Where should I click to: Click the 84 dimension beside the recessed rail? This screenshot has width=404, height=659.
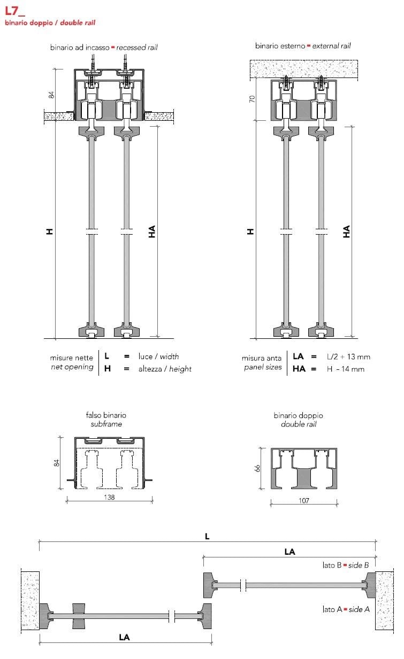point(52,95)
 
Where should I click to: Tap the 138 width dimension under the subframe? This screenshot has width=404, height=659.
point(109,497)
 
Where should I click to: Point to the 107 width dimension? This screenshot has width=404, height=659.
point(303,501)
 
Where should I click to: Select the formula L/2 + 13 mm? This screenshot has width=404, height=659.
point(348,356)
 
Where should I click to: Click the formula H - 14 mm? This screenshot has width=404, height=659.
point(346,369)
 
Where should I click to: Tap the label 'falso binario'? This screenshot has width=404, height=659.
point(106,415)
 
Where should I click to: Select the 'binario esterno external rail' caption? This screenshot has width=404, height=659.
point(303,46)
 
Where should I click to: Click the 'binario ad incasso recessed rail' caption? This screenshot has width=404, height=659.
point(104,47)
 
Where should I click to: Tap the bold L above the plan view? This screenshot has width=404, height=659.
point(207,536)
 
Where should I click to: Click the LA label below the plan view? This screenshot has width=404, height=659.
point(124,637)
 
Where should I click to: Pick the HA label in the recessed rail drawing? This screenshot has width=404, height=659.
point(152,231)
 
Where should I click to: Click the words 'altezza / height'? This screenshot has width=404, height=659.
point(165,369)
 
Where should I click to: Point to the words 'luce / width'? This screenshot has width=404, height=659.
point(159,356)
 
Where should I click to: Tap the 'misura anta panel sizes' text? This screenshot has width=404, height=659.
point(262,363)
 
